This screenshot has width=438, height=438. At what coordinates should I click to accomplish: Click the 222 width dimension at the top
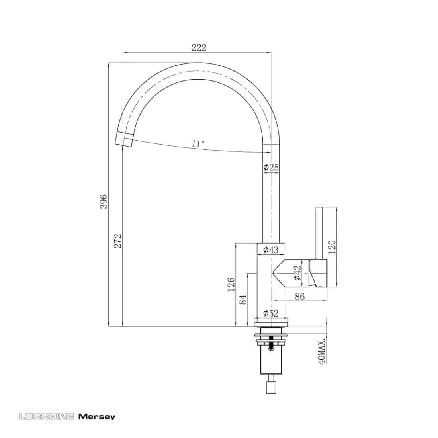click(x=199, y=47)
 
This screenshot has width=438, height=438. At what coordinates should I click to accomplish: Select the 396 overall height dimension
click(x=104, y=201)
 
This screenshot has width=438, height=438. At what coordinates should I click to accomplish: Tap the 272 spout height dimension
click(x=118, y=241)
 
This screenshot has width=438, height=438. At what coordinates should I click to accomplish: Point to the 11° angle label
click(x=198, y=144)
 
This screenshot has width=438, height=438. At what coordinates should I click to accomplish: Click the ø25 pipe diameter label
click(x=271, y=167)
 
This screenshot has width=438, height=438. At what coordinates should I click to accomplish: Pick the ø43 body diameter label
click(x=271, y=249)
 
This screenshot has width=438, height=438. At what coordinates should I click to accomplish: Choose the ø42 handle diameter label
click(x=297, y=273)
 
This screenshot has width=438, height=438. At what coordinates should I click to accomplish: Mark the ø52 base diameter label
click(x=271, y=313)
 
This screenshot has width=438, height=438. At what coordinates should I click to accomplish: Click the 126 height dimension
click(x=231, y=284)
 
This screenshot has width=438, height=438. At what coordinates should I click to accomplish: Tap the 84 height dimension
click(x=243, y=299)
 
